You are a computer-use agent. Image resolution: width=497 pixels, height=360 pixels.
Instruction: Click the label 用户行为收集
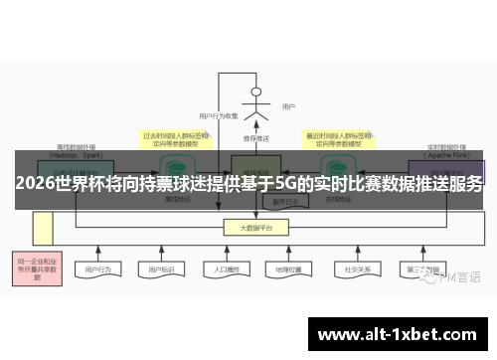[219, 116]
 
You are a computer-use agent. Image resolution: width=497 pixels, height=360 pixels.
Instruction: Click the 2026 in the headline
[36, 185]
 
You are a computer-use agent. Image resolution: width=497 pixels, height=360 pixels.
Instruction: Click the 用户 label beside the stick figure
[288, 106]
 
